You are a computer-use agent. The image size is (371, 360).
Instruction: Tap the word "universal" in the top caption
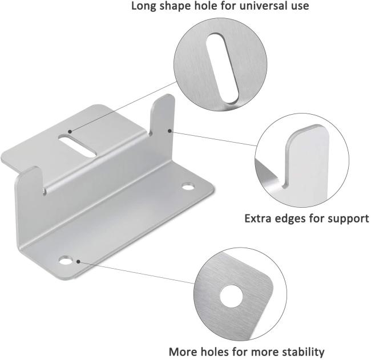(x=264, y=6)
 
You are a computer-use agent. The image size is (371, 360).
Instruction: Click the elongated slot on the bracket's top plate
(x=78, y=145)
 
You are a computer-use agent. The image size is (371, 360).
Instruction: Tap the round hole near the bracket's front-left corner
(x=66, y=260)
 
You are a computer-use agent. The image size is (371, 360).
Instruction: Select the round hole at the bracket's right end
(x=188, y=187)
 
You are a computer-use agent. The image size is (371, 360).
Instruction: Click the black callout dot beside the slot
(x=70, y=132)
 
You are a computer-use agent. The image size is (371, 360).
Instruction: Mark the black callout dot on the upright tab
(x=170, y=131)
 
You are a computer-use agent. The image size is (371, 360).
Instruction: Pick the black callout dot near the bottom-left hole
(x=78, y=261)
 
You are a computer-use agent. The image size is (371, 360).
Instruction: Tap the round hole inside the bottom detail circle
(x=231, y=296)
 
